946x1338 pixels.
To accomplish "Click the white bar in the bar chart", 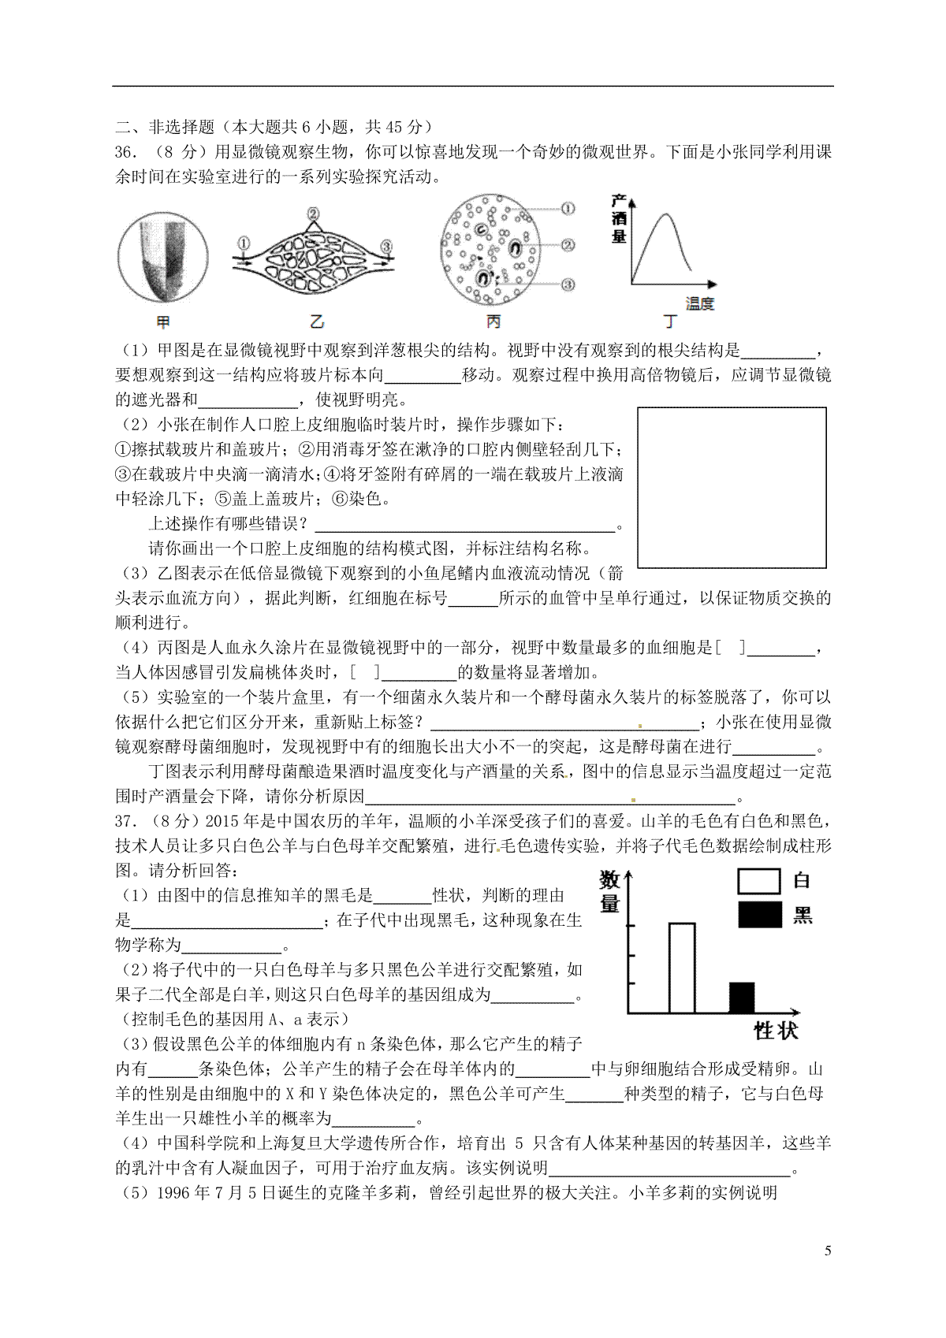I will click(682, 968).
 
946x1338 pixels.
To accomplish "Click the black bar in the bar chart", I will click(741, 998).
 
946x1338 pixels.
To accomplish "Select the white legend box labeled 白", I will click(759, 881).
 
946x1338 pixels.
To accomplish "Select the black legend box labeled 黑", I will click(759, 915).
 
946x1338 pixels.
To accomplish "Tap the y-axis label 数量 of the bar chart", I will click(609, 892).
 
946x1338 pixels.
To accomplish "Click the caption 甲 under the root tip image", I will click(163, 321).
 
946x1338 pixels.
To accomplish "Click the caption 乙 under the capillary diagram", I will click(317, 321).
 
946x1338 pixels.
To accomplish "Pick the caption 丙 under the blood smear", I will click(493, 321).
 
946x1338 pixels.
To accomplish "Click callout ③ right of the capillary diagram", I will click(385, 247).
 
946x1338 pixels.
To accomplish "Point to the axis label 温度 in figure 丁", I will click(700, 303).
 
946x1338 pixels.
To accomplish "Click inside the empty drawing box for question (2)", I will click(732, 487).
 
